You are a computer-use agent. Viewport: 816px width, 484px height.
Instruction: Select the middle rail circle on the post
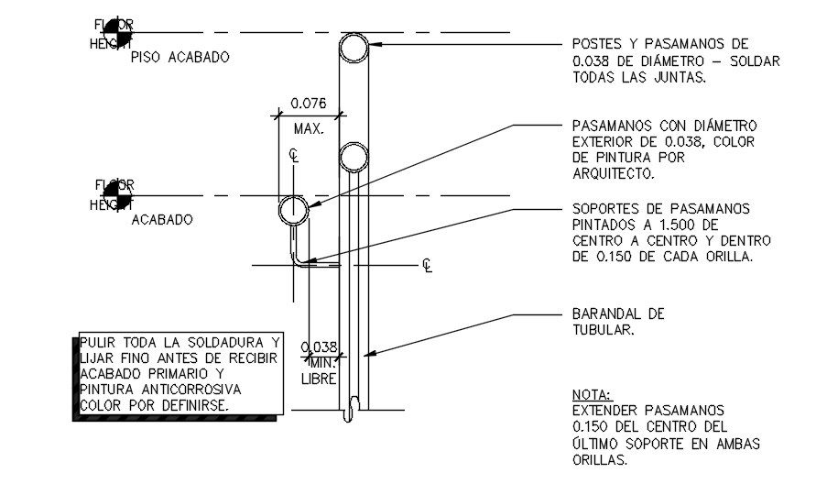pyautogui.click(x=354, y=158)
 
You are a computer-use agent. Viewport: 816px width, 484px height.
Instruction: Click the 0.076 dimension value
pyautogui.click(x=309, y=104)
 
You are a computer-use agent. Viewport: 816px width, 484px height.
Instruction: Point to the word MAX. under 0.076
pyautogui.click(x=309, y=129)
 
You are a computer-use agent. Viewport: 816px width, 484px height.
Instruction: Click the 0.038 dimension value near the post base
pyautogui.click(x=320, y=347)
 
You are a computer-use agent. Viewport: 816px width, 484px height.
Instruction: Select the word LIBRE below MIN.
pyautogui.click(x=320, y=379)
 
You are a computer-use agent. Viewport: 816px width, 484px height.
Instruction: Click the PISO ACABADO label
pyautogui.click(x=180, y=57)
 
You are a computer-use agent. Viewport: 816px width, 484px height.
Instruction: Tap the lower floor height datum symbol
pyautogui.click(x=115, y=195)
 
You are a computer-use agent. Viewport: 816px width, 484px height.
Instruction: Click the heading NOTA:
pyautogui.click(x=593, y=393)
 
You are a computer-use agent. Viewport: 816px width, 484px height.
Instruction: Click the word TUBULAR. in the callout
pyautogui.click(x=602, y=330)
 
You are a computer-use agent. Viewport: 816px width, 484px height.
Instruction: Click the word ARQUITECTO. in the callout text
pyautogui.click(x=612, y=173)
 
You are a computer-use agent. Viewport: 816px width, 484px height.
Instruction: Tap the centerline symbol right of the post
pyautogui.click(x=427, y=266)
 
